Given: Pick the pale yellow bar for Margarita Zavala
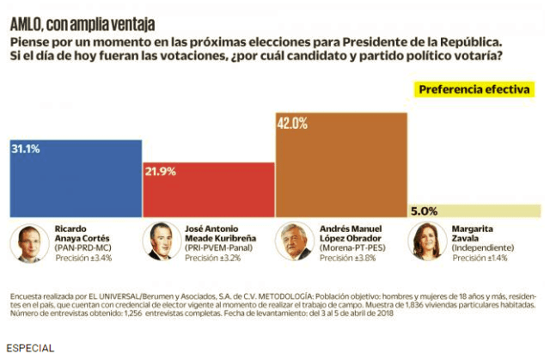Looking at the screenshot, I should click(x=474, y=211).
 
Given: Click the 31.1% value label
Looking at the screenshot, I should click(x=25, y=149).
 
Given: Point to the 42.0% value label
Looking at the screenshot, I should click(x=292, y=123).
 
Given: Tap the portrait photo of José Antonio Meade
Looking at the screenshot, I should click(x=162, y=243).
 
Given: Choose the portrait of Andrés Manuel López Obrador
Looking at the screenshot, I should click(x=295, y=243).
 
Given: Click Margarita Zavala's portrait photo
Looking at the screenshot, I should click(x=426, y=243).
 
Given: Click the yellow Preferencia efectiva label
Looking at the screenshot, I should click(x=474, y=89).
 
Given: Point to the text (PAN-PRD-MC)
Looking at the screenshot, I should click(x=84, y=247).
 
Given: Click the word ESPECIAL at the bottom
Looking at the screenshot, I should click(x=30, y=349).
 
